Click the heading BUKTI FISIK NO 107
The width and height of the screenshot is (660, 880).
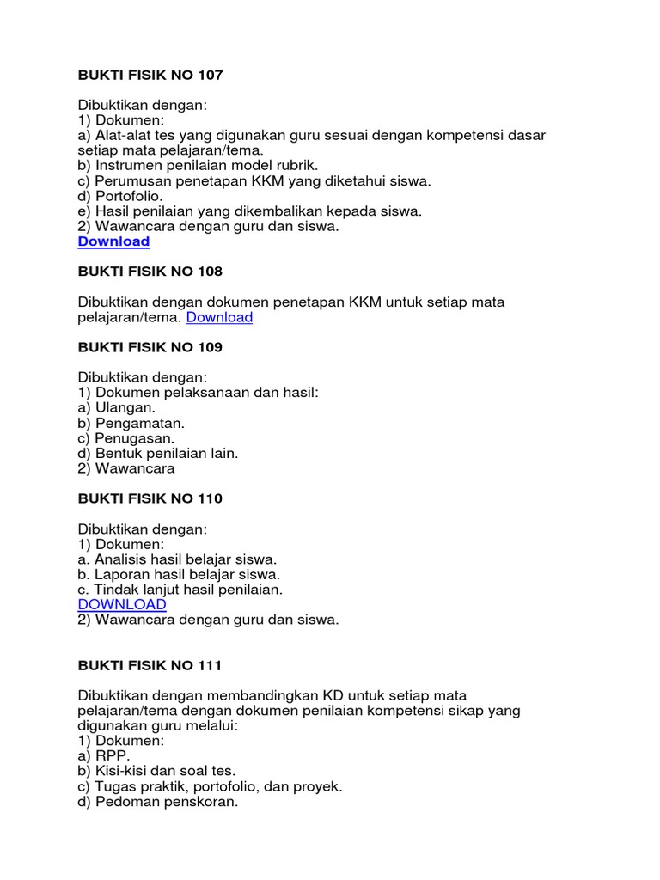click(150, 76)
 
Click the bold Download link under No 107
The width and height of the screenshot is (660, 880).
click(113, 241)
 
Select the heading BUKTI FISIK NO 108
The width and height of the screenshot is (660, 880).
click(150, 272)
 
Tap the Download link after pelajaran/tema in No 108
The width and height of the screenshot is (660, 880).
click(219, 317)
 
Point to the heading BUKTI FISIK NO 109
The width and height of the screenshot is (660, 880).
click(150, 347)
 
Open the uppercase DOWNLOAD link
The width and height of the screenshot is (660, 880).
click(122, 605)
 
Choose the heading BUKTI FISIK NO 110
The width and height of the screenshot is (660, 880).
click(150, 498)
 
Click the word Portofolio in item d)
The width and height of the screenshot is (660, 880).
click(128, 196)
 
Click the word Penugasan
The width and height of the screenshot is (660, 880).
click(135, 438)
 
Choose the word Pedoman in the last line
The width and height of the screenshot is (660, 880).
click(125, 802)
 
